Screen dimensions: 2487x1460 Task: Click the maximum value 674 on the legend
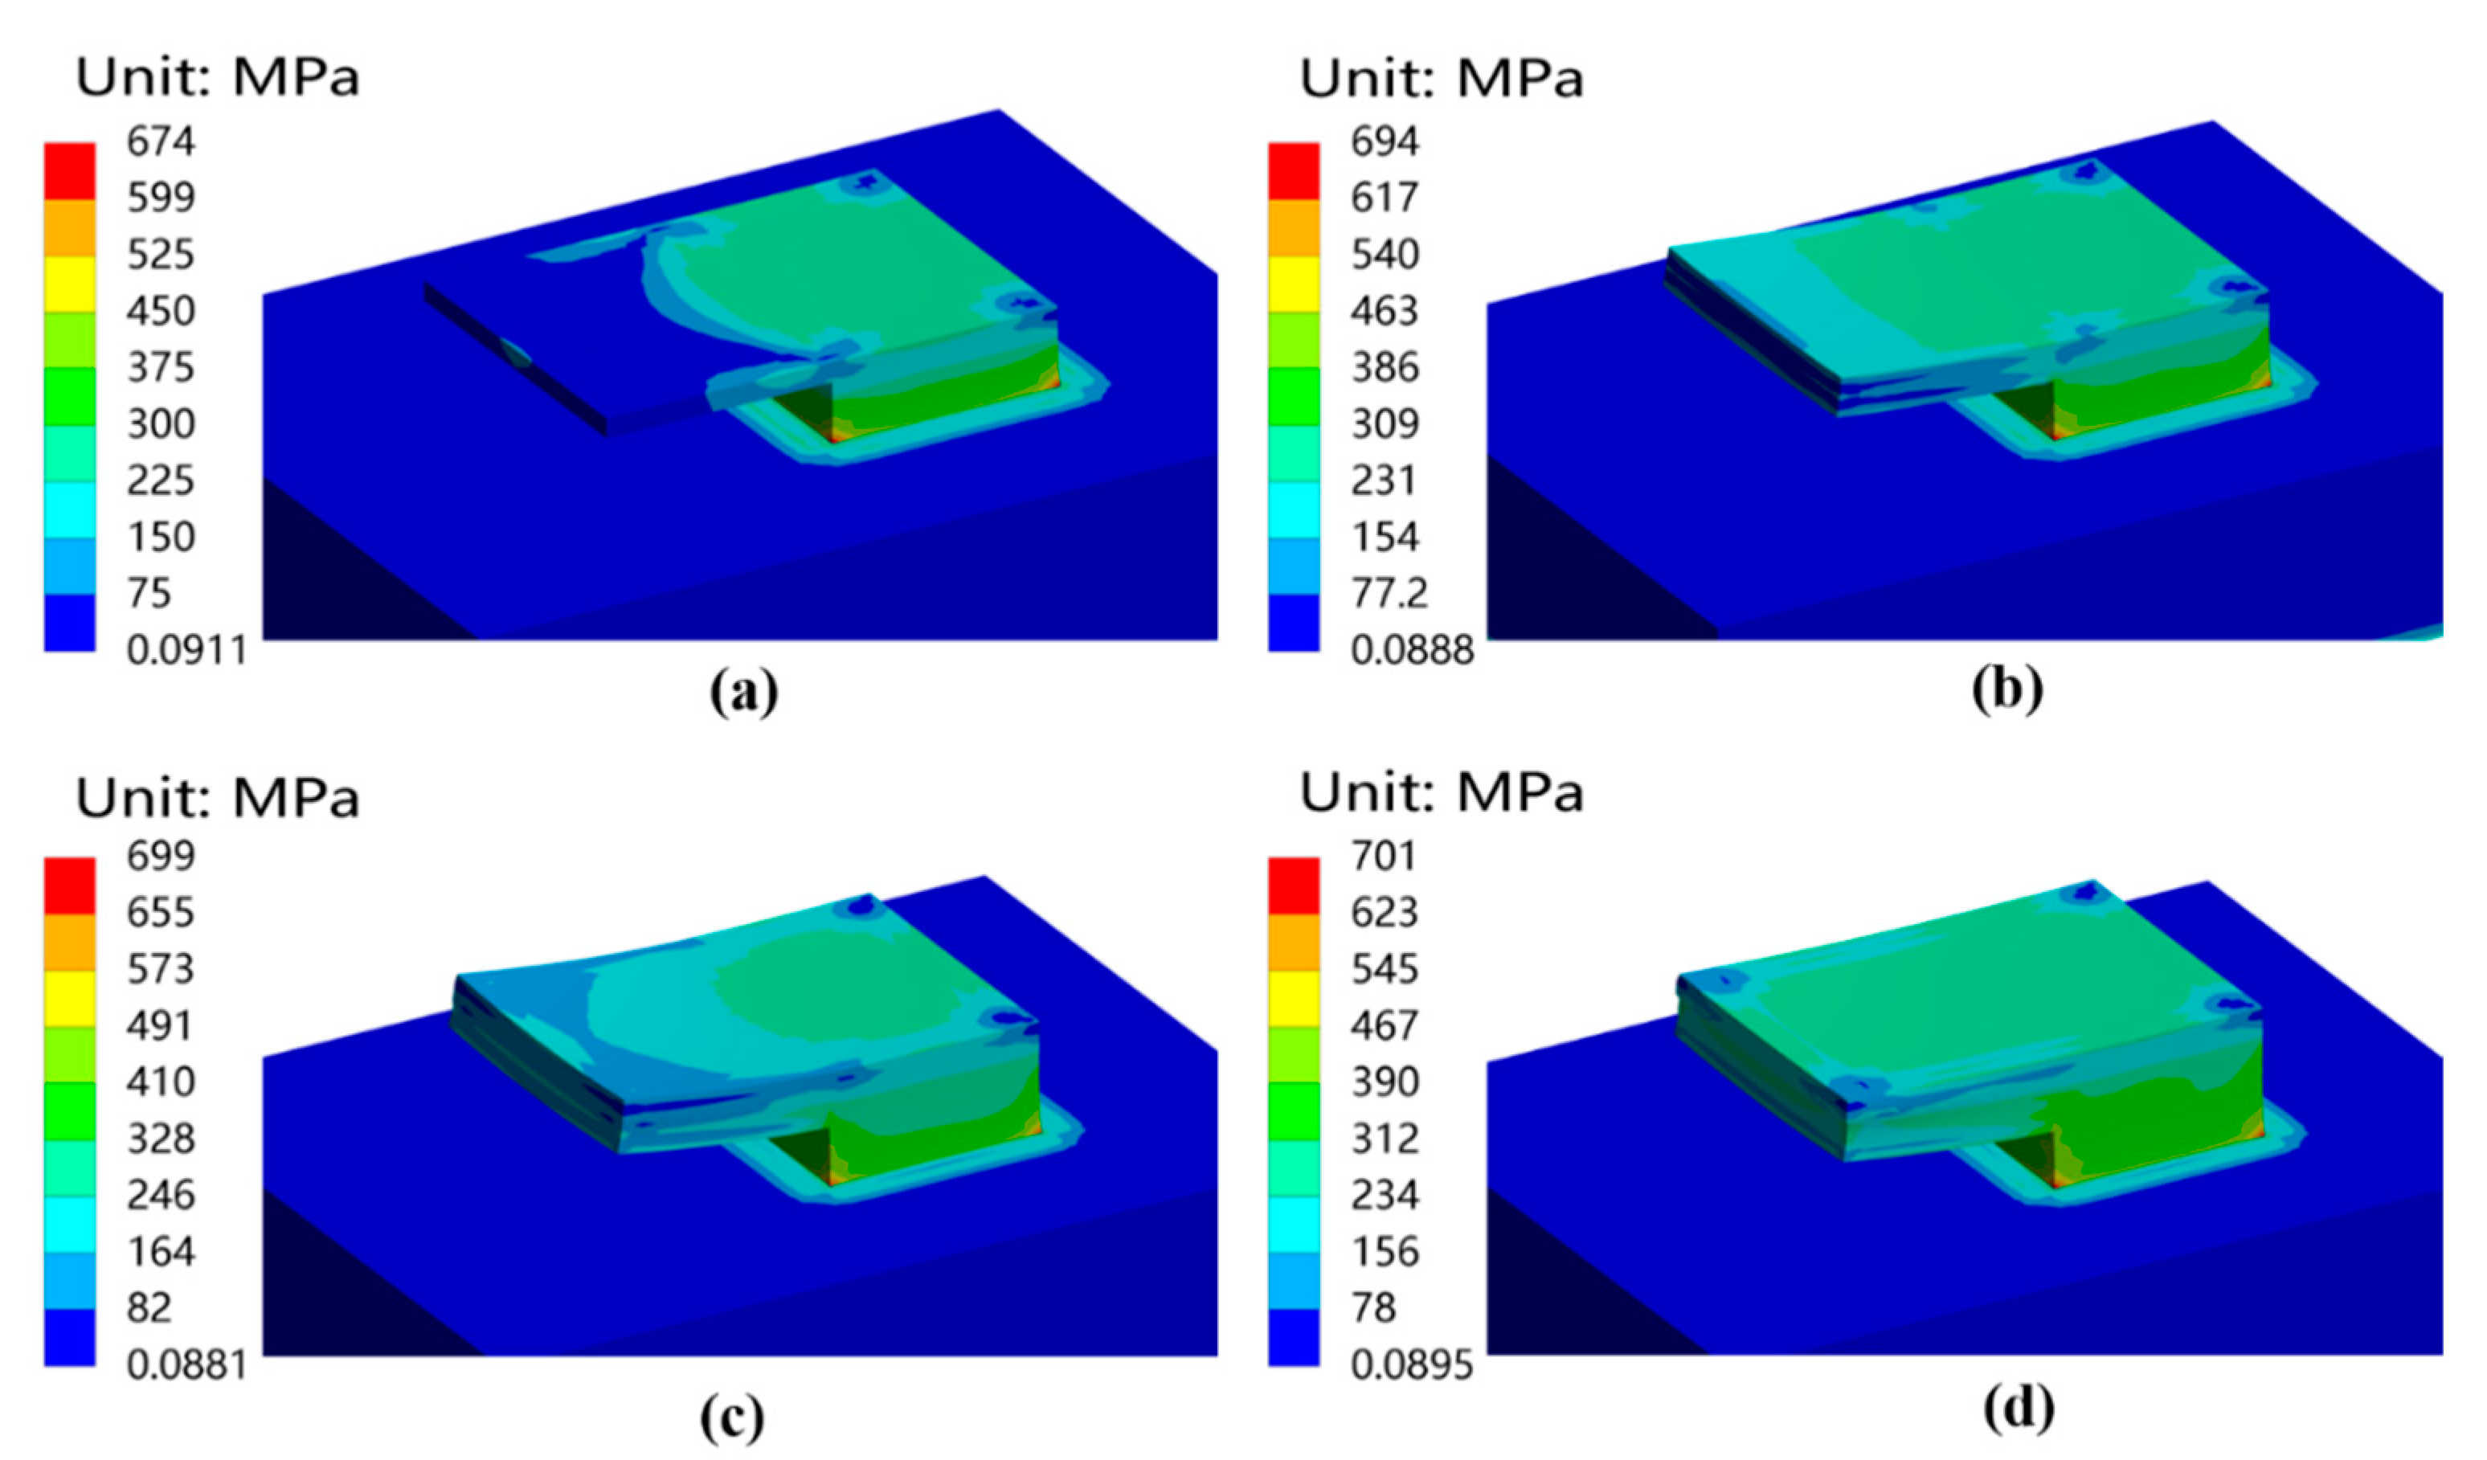pos(161,141)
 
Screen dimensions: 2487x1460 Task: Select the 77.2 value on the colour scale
pos(1387,593)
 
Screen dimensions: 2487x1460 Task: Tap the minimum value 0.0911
pos(186,651)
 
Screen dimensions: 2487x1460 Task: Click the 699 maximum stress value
pos(161,855)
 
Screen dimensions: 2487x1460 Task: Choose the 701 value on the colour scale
pos(1384,855)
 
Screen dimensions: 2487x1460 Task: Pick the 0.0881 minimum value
pos(186,1365)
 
